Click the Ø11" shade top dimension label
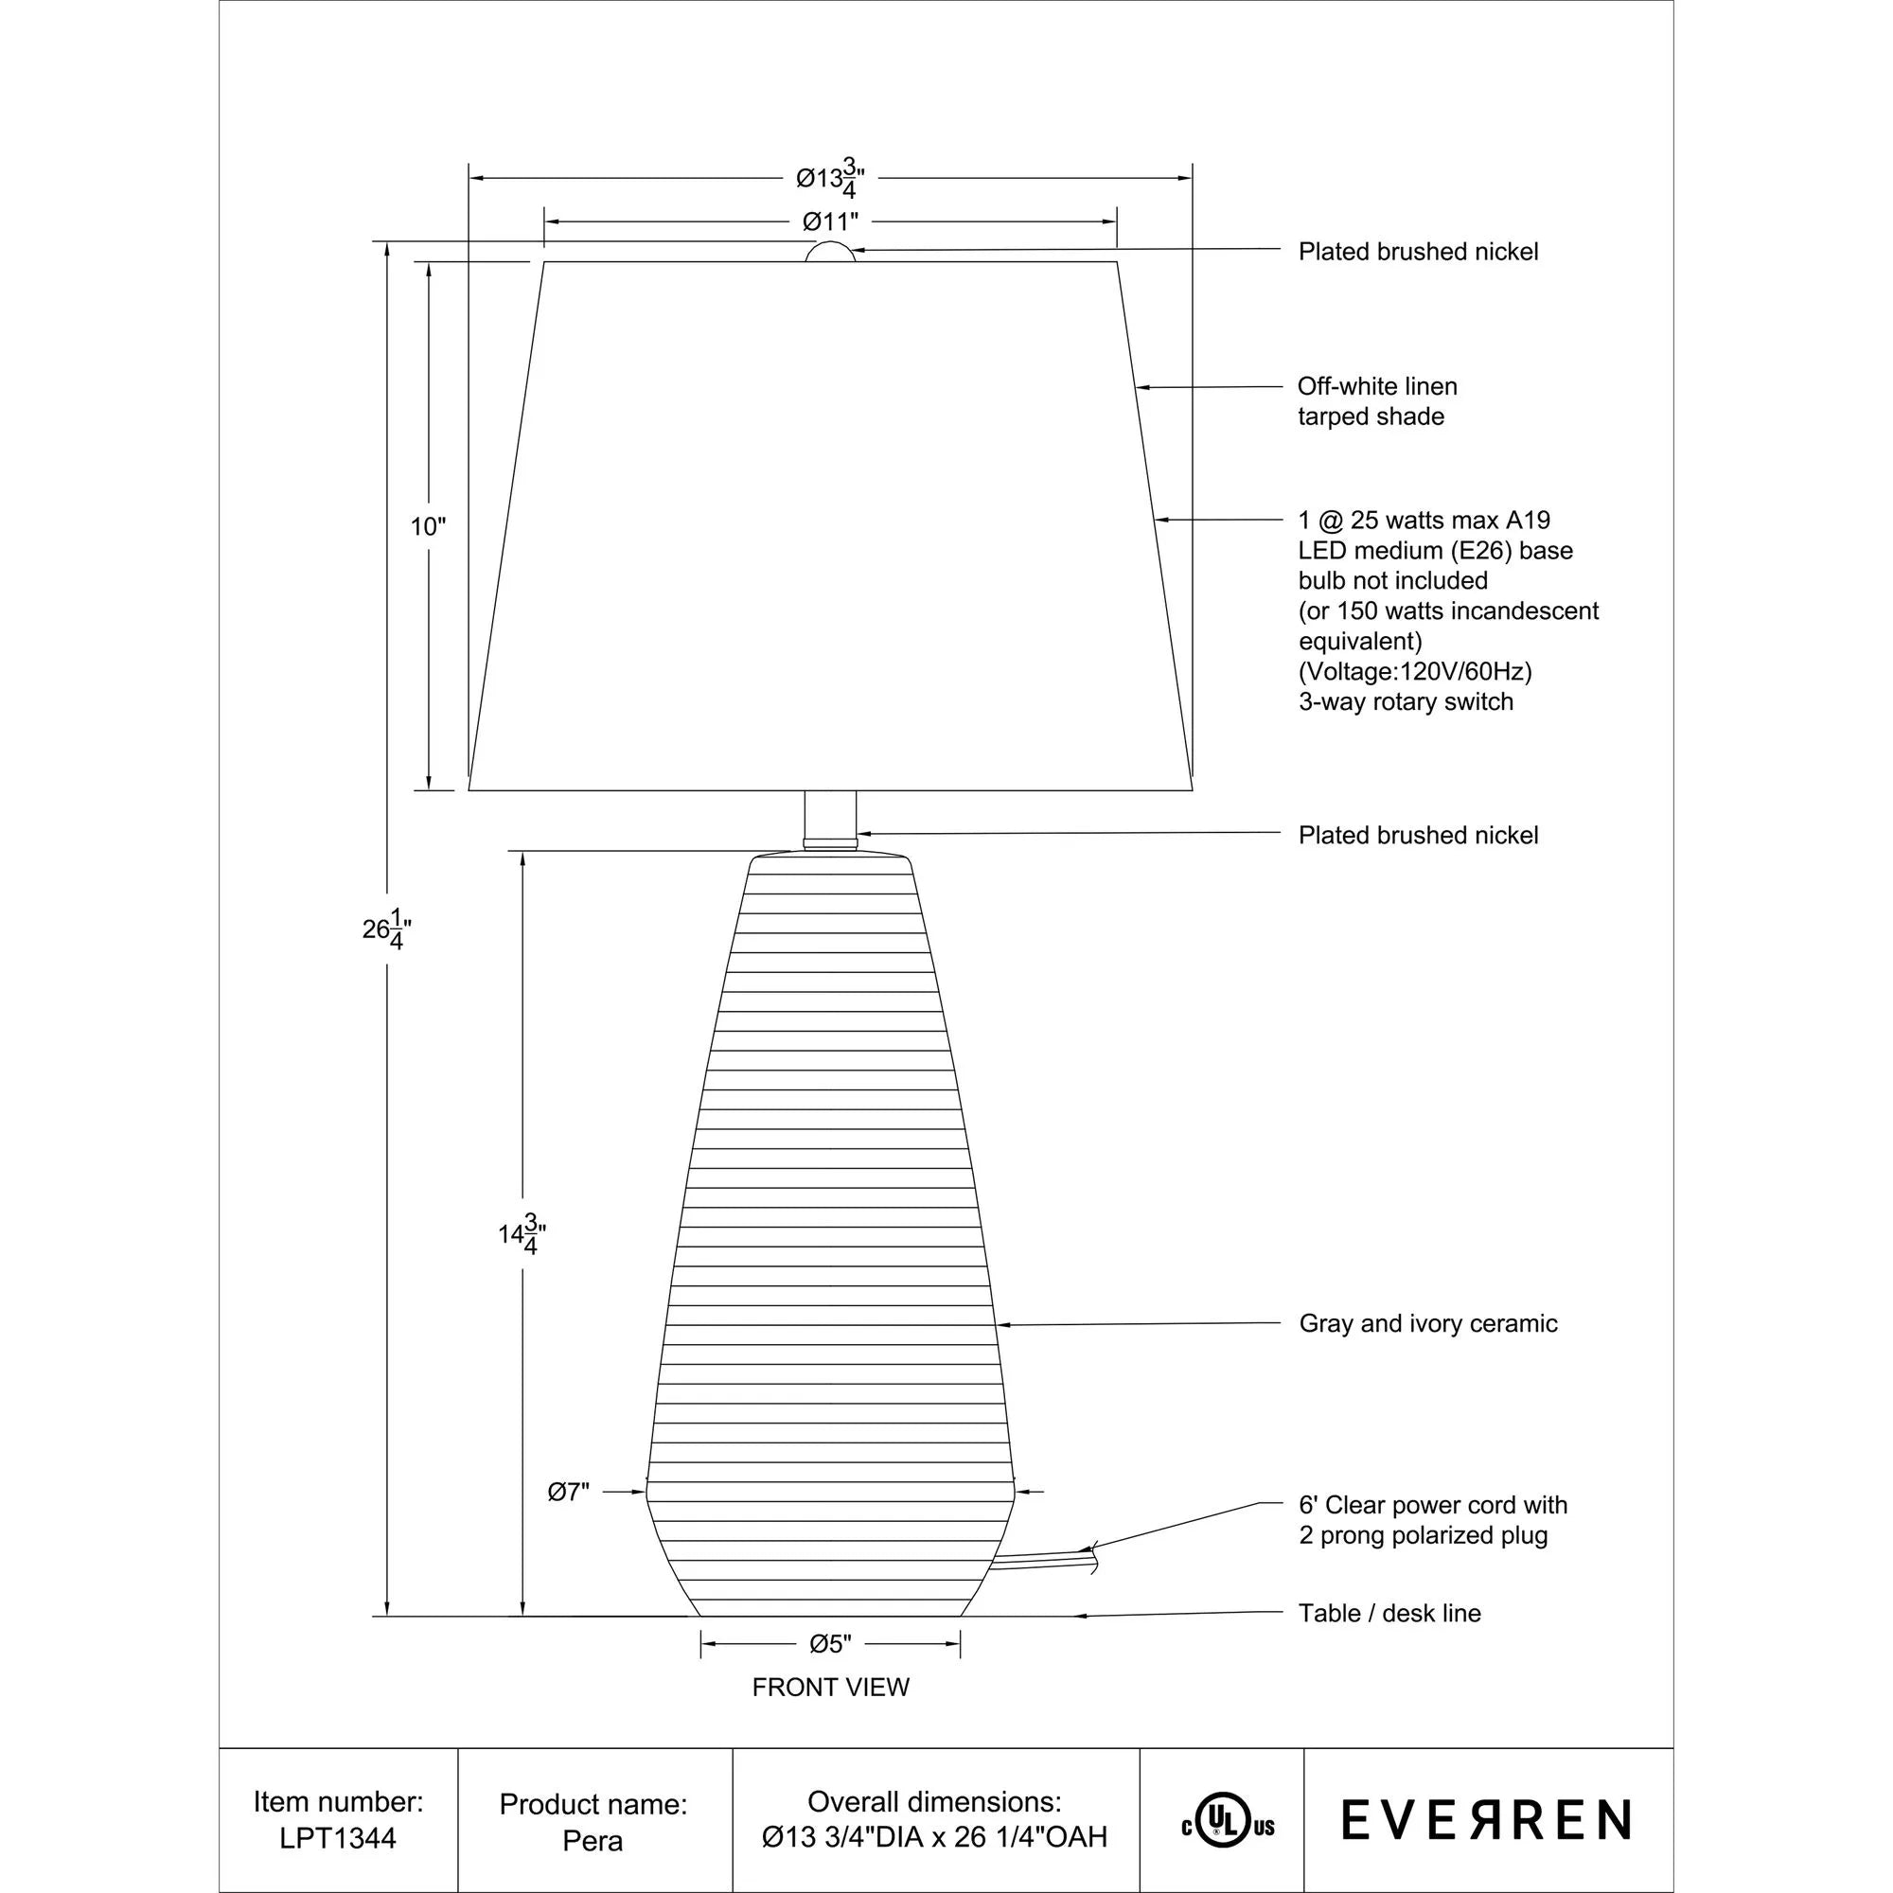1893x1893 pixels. (830, 221)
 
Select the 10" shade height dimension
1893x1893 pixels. (427, 527)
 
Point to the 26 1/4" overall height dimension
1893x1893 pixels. (386, 929)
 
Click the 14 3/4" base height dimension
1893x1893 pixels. (522, 1234)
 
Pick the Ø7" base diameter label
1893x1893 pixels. (568, 1493)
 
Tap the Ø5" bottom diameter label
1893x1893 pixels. (830, 1644)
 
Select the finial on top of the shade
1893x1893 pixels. (830, 252)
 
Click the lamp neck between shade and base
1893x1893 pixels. (830, 816)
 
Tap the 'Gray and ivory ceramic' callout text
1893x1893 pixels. (1427, 1324)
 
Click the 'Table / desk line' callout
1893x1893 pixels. (1389, 1614)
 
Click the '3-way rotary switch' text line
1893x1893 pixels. (1405, 702)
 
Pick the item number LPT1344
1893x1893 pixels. (338, 1838)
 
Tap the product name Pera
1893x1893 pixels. (593, 1841)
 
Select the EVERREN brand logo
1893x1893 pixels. (1485, 1820)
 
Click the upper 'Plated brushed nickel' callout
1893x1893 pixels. (1418, 252)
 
